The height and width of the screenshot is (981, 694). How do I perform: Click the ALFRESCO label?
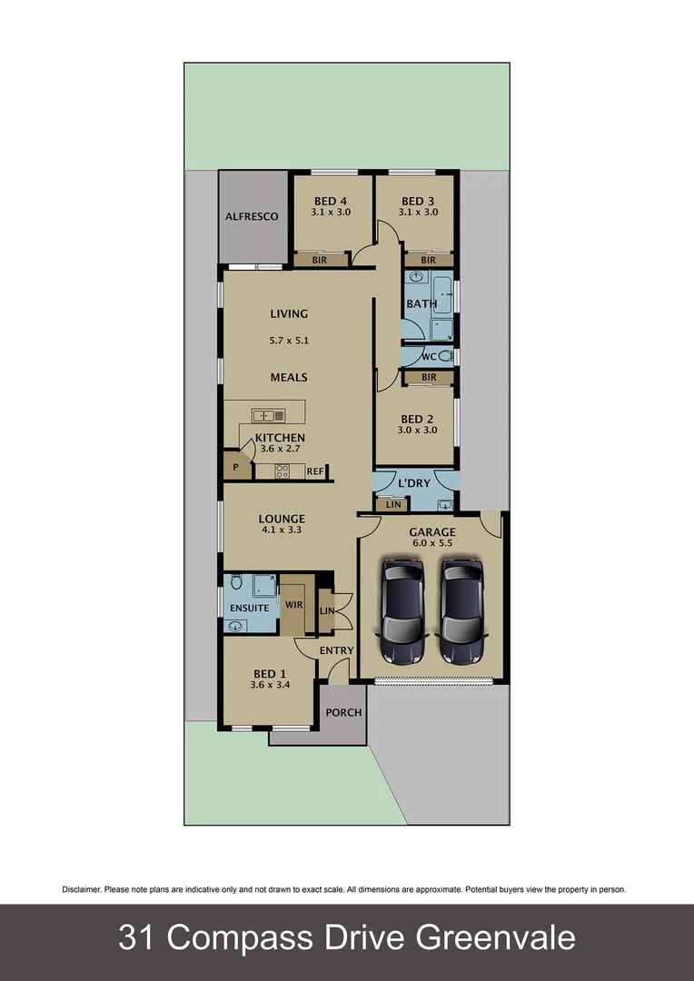click(252, 217)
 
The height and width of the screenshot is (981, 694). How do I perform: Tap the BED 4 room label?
click(331, 201)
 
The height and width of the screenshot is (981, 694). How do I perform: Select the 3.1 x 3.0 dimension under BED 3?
click(418, 213)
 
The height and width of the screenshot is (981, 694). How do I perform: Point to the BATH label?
click(421, 304)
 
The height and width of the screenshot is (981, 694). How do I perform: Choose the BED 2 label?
click(417, 419)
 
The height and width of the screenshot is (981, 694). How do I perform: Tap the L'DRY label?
click(415, 483)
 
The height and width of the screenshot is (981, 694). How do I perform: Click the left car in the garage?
click(402, 610)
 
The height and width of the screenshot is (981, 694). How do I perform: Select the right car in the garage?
click(461, 610)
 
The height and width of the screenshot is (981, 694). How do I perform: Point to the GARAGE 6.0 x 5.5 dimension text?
click(431, 543)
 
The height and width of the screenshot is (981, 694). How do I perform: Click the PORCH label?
click(343, 712)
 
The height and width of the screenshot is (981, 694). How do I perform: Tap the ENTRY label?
click(336, 650)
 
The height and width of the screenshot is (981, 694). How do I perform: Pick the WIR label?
click(294, 604)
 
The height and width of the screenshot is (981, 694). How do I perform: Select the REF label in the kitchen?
click(314, 471)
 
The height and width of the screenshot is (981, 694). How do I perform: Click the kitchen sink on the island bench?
click(264, 415)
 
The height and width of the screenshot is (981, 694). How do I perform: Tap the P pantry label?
click(235, 468)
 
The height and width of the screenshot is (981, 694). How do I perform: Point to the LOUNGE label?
click(282, 520)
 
